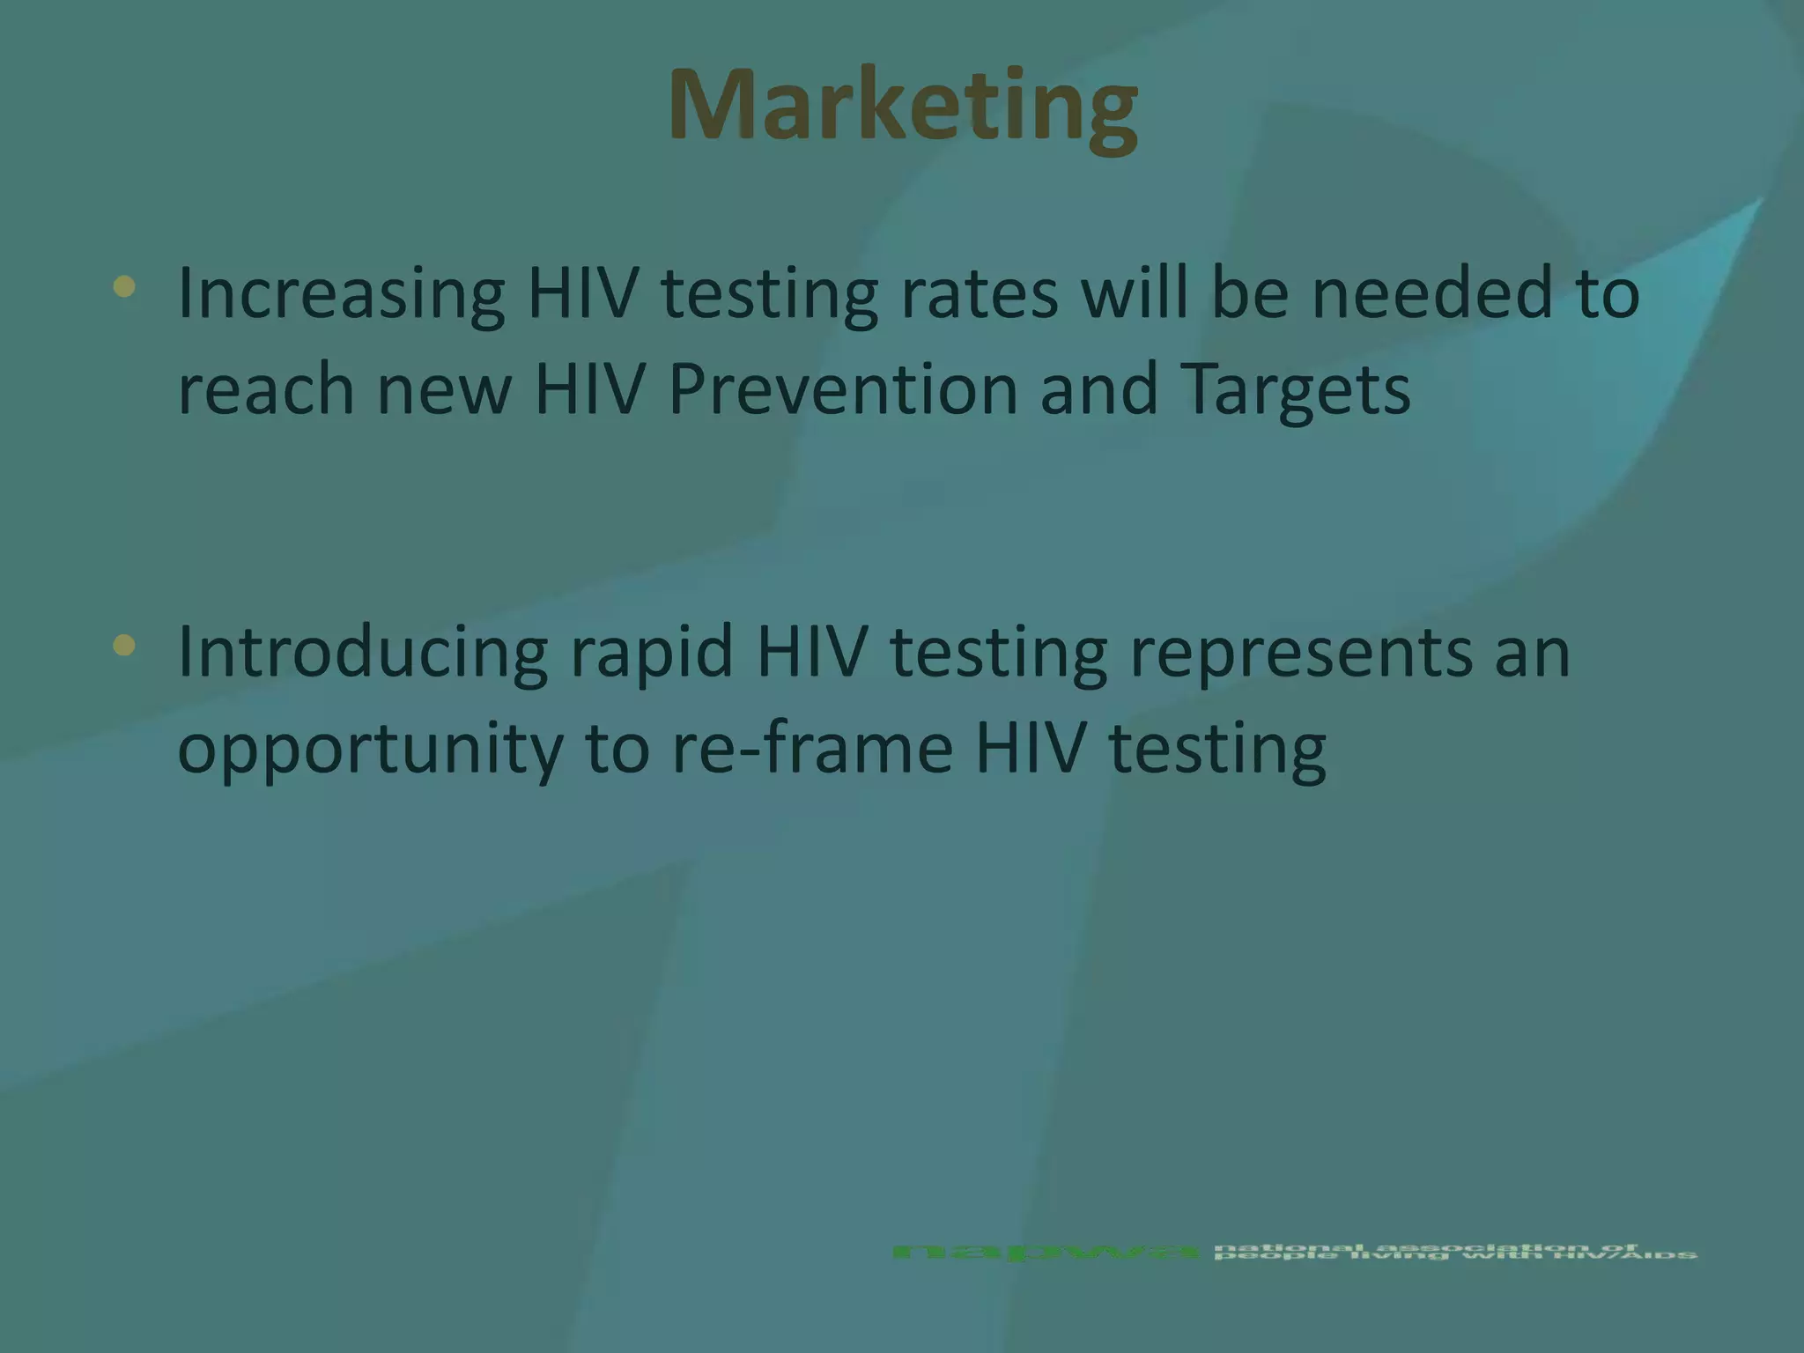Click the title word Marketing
pos(903,106)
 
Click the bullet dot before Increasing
pos(124,286)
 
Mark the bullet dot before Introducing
pos(124,646)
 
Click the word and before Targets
pos(1098,389)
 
